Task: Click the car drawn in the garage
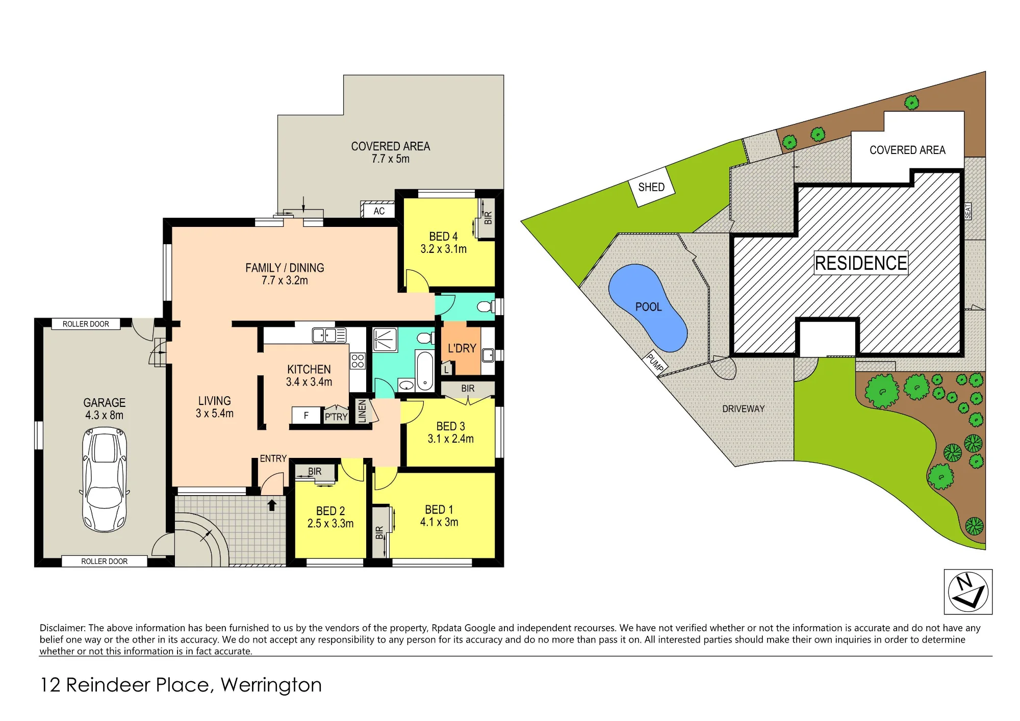[104, 480]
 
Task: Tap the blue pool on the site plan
[647, 307]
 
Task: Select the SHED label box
[651, 187]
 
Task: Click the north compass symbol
[968, 591]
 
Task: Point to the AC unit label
[379, 211]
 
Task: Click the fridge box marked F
[306, 416]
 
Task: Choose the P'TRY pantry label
[336, 417]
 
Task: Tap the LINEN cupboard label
[362, 411]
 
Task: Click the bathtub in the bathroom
[425, 371]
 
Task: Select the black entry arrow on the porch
[272, 505]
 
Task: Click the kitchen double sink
[329, 335]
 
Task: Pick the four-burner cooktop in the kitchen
[358, 361]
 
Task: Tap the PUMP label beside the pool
[655, 362]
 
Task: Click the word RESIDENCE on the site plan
[861, 263]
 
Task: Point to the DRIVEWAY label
[743, 409]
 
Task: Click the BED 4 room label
[443, 237]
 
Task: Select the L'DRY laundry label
[462, 348]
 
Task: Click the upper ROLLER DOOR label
[86, 324]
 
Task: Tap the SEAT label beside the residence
[967, 211]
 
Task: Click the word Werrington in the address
[271, 685]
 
